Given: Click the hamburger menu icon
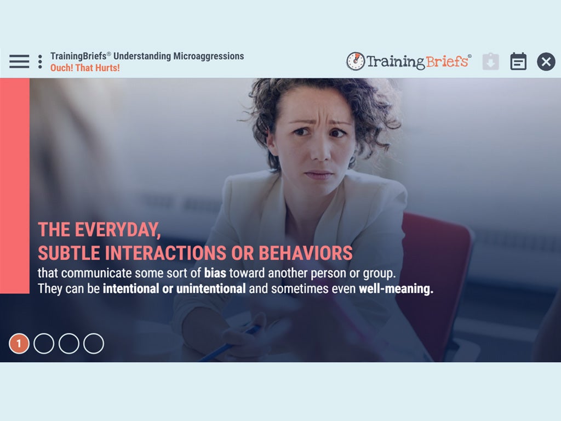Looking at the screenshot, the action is pyautogui.click(x=19, y=61).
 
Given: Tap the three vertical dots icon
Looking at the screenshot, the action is pyautogui.click(x=40, y=61).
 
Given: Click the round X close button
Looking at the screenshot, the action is pyautogui.click(x=546, y=61).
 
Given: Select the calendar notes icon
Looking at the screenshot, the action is pyautogui.click(x=518, y=61).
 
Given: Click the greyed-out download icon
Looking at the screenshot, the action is pyautogui.click(x=490, y=61).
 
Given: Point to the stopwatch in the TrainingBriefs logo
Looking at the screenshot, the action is pyautogui.click(x=356, y=61).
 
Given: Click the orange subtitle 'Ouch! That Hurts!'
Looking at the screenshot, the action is pyautogui.click(x=85, y=67).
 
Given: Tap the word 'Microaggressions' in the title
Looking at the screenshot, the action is pyautogui.click(x=209, y=56).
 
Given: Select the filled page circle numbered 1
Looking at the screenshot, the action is pyautogui.click(x=19, y=344).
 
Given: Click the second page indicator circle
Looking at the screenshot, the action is pyautogui.click(x=44, y=344).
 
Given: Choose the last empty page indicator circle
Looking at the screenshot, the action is pyautogui.click(x=94, y=344).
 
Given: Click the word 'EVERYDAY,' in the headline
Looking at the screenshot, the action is pyautogui.click(x=118, y=230).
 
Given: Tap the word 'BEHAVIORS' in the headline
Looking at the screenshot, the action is pyautogui.click(x=306, y=253).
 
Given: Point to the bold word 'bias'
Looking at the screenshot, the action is pyautogui.click(x=215, y=273).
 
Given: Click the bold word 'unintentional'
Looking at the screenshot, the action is pyautogui.click(x=211, y=288).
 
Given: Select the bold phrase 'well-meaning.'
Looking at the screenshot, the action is pyautogui.click(x=396, y=289).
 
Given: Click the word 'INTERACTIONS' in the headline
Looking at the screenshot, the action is pyautogui.click(x=165, y=253).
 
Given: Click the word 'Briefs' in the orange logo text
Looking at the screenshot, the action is pyautogui.click(x=447, y=61).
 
